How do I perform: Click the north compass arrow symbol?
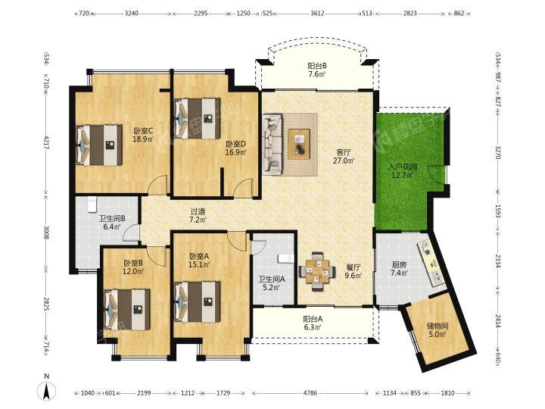pyautogui.click(x=46, y=390)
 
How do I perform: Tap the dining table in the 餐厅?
pyautogui.click(x=317, y=271)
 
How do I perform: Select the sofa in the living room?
pyautogui.click(x=272, y=145)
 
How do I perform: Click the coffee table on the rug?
pyautogui.click(x=299, y=145)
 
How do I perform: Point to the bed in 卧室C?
pyautogui.click(x=99, y=145)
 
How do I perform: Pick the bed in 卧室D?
pyautogui.click(x=197, y=119)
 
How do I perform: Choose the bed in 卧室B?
pyautogui.click(x=128, y=310)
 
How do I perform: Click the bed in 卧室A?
pyautogui.click(x=197, y=302)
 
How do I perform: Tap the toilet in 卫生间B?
pyautogui.click(x=92, y=204)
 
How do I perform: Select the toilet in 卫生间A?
pyautogui.click(x=285, y=258)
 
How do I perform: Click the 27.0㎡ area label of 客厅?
pyautogui.click(x=344, y=161)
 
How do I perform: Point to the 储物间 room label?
pyautogui.click(x=438, y=326)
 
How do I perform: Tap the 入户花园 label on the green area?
pyautogui.click(x=403, y=167)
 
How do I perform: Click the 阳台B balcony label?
pyautogui.click(x=317, y=66)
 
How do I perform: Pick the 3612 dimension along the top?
pyautogui.click(x=317, y=14)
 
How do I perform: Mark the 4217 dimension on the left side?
pyautogui.click(x=46, y=142)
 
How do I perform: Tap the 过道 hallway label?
pyautogui.click(x=198, y=211)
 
